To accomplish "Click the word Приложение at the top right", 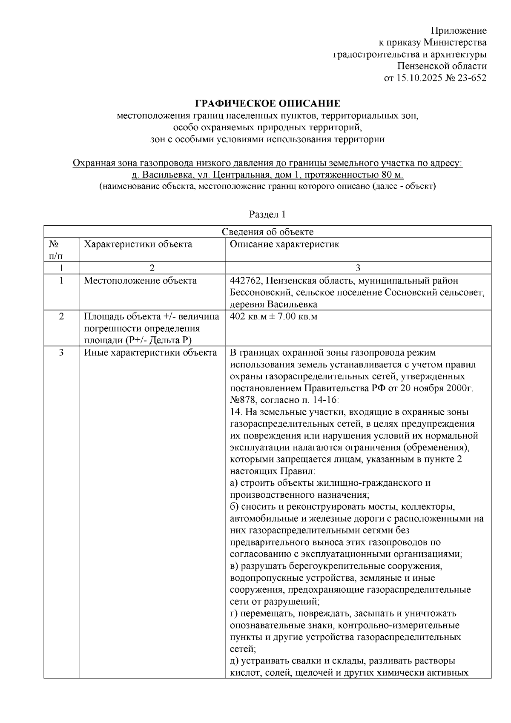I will pos(458,31).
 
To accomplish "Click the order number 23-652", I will pos(471,78).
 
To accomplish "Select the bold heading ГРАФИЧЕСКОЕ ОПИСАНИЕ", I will pos(267,103).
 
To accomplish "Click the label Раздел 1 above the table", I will pos(267,214).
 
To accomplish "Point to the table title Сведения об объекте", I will pos(267,232).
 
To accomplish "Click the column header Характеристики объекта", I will pos(138,244).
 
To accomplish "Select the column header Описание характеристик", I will pos(284,244).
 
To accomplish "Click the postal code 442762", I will pos(244,281).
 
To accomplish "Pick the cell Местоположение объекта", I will pos(140,281).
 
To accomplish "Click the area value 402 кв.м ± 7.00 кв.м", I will pos(273,317).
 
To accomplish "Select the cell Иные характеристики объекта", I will pos(150,353).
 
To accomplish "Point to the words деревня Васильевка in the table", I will pos(273,304).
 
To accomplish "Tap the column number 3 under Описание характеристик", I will pos(358,268).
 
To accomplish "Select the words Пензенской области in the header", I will pos(442,66).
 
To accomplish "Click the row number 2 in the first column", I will pos(61,317).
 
